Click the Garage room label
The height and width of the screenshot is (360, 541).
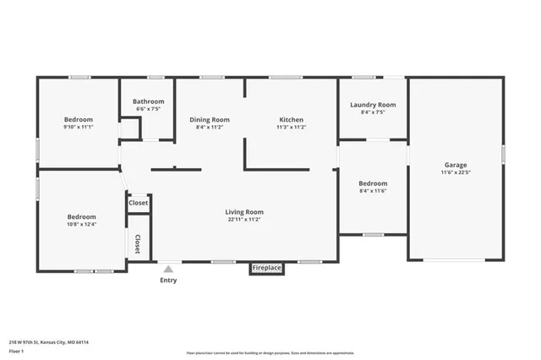pyautogui.click(x=456, y=165)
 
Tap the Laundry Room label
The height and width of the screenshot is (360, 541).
pyautogui.click(x=373, y=105)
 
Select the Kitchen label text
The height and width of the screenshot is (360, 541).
pyautogui.click(x=291, y=120)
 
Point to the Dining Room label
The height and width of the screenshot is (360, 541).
pyautogui.click(x=209, y=120)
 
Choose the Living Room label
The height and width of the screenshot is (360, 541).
pyautogui.click(x=244, y=211)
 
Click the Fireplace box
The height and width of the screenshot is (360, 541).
pyautogui.click(x=266, y=268)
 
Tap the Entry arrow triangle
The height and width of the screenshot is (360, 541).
pyautogui.click(x=168, y=269)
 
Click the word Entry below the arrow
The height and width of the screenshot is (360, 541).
pyautogui.click(x=168, y=281)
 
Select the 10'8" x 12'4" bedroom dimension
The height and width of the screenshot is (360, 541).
pyautogui.click(x=82, y=224)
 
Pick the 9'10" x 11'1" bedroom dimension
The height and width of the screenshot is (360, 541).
pyautogui.click(x=79, y=127)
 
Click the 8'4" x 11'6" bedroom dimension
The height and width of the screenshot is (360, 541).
pyautogui.click(x=373, y=191)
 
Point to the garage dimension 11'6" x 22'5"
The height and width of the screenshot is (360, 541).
pyautogui.click(x=456, y=172)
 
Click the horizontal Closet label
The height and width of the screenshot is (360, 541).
pyautogui.click(x=138, y=203)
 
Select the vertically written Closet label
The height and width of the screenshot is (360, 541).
pyautogui.click(x=137, y=244)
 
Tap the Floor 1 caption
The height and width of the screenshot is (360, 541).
pyautogui.click(x=17, y=351)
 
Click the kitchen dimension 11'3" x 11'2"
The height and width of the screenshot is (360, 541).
pyautogui.click(x=291, y=128)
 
